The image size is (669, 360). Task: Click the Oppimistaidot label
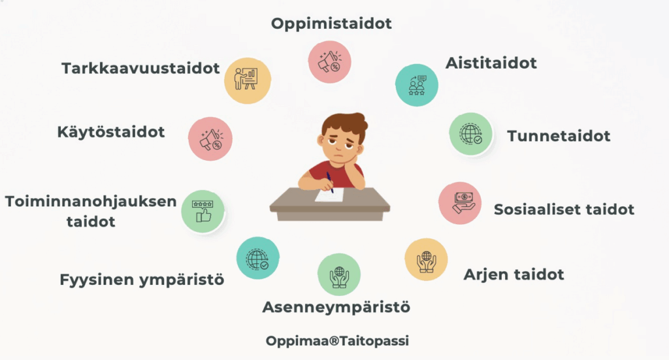pyautogui.click(x=331, y=24)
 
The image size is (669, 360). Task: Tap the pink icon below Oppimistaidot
pyautogui.click(x=329, y=62)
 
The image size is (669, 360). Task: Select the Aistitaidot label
pyautogui.click(x=491, y=63)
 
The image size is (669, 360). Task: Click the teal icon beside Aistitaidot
pyautogui.click(x=416, y=85)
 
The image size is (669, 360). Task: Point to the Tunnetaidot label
pyautogui.click(x=559, y=136)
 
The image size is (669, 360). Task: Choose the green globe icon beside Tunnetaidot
pyautogui.click(x=470, y=134)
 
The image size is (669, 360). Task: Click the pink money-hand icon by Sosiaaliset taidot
pyautogui.click(x=460, y=203)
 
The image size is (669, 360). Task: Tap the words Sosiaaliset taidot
pyautogui.click(x=564, y=210)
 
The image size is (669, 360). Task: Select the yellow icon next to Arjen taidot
pyautogui.click(x=426, y=259)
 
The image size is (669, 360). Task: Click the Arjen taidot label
pyautogui.click(x=514, y=274)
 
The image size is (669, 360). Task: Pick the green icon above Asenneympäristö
pyautogui.click(x=339, y=274)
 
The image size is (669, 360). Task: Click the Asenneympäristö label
pyautogui.click(x=336, y=308)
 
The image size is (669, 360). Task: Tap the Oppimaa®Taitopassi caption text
pyautogui.click(x=337, y=341)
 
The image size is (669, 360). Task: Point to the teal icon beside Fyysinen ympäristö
pyautogui.click(x=257, y=258)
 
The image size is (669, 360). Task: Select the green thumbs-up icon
pyautogui.click(x=203, y=211)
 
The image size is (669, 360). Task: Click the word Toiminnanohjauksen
pyautogui.click(x=90, y=202)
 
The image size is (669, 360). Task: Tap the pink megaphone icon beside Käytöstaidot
pyautogui.click(x=210, y=139)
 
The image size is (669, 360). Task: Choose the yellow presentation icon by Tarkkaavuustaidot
pyautogui.click(x=248, y=80)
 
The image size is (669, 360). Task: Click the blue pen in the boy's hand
pyautogui.click(x=330, y=182)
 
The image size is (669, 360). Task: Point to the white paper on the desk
pyautogui.click(x=329, y=195)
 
